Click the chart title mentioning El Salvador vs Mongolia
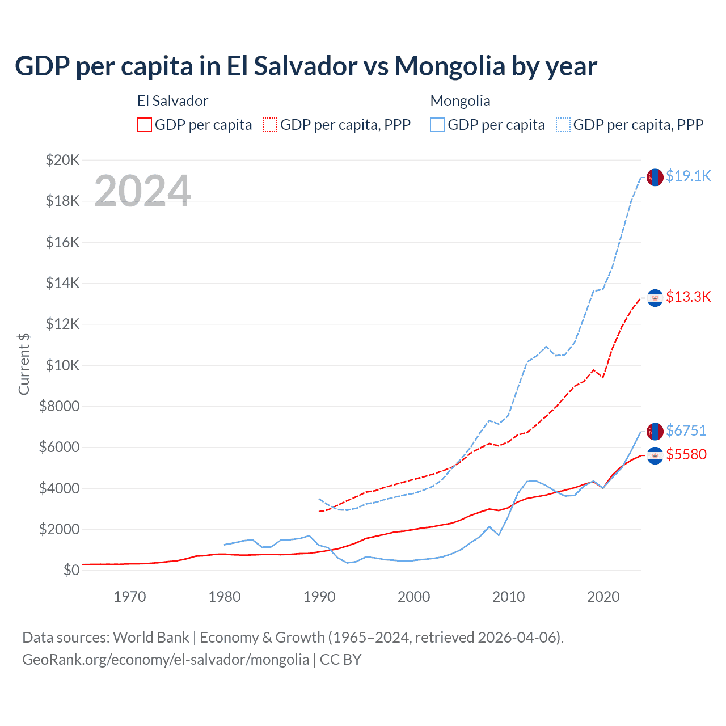pos(306,66)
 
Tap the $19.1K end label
pos(688,176)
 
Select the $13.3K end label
pos(688,297)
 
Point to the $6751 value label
pos(686,431)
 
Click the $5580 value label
pos(686,455)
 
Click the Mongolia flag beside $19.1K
pos(655,177)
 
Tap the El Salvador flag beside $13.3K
pos(655,298)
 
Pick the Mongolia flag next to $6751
pos(655,432)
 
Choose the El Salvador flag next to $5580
pos(655,455)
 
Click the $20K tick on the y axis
pos(62,160)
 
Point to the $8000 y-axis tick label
pos(60,406)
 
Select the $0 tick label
pos(71,570)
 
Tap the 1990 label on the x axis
pos(319,597)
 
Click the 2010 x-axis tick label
pos(509,597)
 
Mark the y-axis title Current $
pos(24,364)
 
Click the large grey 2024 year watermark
pos(142,191)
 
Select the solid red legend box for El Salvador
pos(145,125)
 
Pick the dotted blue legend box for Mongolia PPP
pos(563,125)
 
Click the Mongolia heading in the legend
pos(460,101)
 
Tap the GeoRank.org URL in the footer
pos(166,660)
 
